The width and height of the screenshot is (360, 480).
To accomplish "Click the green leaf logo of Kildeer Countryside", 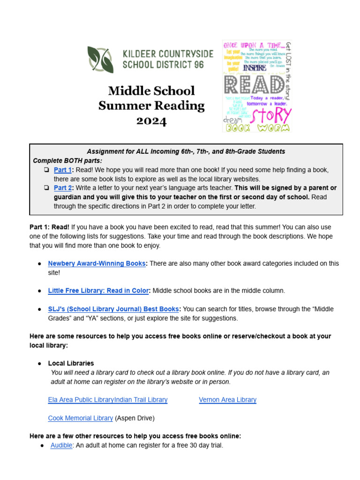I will pos(100,60).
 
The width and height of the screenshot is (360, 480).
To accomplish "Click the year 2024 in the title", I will pos(151,121).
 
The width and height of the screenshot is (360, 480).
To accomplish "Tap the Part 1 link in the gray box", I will pos(62,170).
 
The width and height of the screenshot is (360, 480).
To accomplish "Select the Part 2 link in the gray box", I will pos(62,187).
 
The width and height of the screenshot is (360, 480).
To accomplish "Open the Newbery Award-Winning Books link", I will pos(97,263).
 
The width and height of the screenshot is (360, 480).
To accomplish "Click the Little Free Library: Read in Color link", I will pos(98,291).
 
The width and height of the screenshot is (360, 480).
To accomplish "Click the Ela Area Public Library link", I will pos(81,400).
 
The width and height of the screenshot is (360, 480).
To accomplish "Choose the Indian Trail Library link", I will pos(141,400).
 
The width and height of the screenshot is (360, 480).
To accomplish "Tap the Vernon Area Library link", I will pos(227,400).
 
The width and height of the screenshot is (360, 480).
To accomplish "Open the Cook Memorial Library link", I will pos(80,418).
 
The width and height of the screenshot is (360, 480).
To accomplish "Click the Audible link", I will pos(61,445).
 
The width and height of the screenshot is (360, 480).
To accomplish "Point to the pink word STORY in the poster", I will pos(272,115).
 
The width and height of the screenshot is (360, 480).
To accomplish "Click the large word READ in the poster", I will pos(254,85).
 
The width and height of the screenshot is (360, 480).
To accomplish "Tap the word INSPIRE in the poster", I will pos(255,67).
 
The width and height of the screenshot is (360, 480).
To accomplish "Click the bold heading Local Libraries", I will pos(71,363).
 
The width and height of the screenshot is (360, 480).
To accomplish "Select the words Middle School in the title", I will pos(151,90).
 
